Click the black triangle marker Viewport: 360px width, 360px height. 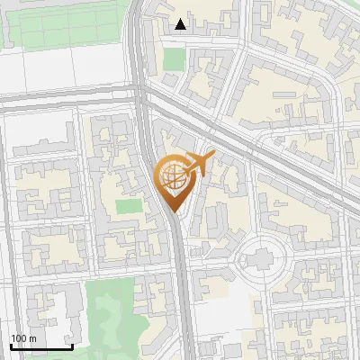(x=182, y=24)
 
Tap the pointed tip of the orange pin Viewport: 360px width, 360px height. (x=175, y=212)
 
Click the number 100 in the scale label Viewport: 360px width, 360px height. (x=19, y=338)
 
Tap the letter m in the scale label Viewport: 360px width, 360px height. (x=33, y=338)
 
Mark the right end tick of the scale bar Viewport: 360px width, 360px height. (x=72, y=345)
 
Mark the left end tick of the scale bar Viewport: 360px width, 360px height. (x=12, y=345)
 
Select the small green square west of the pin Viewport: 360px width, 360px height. (x=130, y=206)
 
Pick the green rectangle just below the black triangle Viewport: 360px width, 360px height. (x=175, y=59)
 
